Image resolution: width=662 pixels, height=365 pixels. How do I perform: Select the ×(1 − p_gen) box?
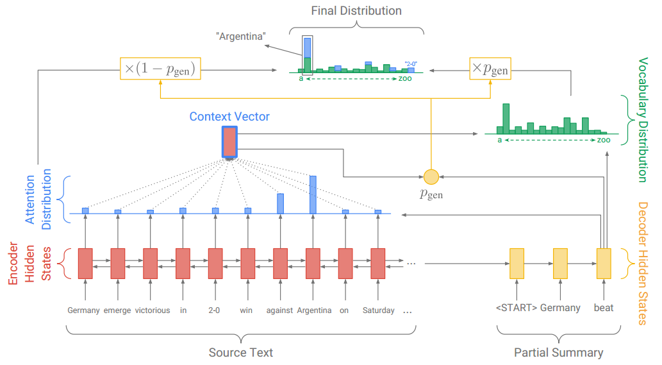click(160, 69)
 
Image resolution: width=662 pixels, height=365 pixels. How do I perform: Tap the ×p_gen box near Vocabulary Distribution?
click(490, 69)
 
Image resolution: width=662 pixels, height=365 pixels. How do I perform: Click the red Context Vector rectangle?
click(229, 142)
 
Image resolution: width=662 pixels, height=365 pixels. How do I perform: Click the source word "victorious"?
click(152, 310)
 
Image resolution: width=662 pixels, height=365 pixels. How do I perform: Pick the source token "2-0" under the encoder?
click(215, 310)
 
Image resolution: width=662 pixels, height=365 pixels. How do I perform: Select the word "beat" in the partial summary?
click(603, 308)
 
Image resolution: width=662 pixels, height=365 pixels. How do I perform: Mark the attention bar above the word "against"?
click(280, 203)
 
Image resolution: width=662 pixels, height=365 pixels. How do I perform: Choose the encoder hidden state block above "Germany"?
click(85, 262)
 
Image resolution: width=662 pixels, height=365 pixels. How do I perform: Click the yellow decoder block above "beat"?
click(604, 262)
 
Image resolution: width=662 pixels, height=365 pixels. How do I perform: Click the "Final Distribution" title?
click(356, 11)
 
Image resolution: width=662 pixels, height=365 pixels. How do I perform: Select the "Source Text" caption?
click(240, 353)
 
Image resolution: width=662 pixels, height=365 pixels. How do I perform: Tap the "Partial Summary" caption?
click(558, 353)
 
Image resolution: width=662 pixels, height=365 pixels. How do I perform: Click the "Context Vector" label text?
click(229, 117)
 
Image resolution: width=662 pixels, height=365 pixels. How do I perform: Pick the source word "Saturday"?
click(378, 310)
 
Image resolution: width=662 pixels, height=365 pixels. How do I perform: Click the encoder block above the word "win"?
click(247, 262)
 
